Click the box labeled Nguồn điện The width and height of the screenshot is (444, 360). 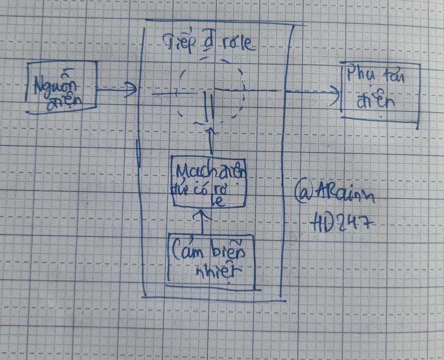[x=62, y=88]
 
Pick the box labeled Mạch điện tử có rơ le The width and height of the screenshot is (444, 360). [x=209, y=181]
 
